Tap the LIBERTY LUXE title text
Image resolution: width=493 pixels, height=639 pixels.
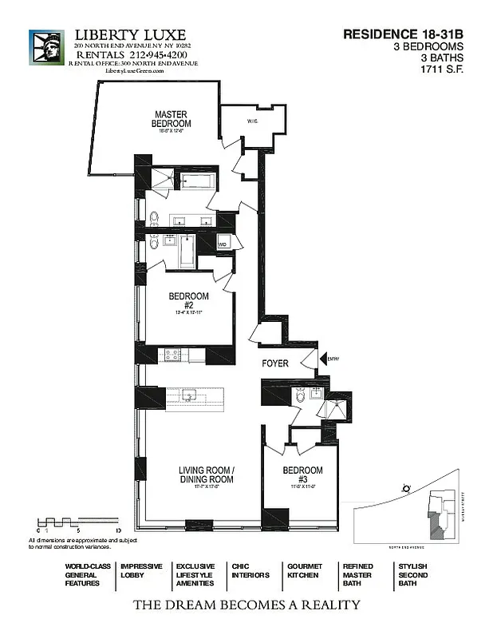130,35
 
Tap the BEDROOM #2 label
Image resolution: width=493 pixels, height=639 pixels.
188,300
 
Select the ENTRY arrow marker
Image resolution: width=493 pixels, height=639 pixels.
324,359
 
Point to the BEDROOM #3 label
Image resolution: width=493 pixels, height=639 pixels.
303,474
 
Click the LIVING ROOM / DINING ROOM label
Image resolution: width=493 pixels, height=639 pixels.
206,475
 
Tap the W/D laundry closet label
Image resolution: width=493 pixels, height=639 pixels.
223,244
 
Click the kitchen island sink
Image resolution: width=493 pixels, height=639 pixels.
189,395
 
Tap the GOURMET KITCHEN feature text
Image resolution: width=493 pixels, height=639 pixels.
304,570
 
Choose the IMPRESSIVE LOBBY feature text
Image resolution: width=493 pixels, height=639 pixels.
141,570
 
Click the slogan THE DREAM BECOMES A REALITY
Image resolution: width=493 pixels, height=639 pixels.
246,605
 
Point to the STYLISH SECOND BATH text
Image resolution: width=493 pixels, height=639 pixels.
412,575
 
